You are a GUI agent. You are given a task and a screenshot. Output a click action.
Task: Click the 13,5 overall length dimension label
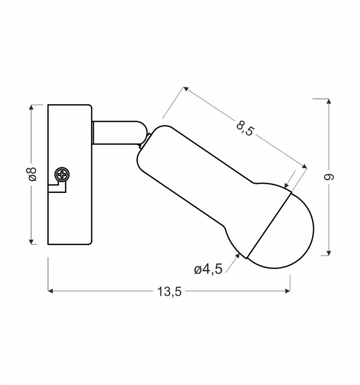click(x=169, y=291)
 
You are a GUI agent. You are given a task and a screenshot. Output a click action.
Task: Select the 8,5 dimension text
click(x=245, y=128)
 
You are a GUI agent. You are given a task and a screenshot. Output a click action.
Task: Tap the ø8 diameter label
click(x=32, y=175)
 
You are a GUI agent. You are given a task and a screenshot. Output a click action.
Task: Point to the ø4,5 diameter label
click(x=208, y=270)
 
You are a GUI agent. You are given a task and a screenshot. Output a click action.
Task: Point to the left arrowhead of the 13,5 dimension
click(x=51, y=291)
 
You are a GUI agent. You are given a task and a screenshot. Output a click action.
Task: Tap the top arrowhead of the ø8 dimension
click(x=32, y=107)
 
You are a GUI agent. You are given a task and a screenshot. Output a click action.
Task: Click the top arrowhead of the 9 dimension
click(x=329, y=101)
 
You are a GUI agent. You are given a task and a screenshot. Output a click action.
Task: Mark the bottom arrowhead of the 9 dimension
click(x=329, y=253)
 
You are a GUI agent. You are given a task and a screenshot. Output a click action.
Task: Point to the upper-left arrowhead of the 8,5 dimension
click(x=185, y=89)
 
